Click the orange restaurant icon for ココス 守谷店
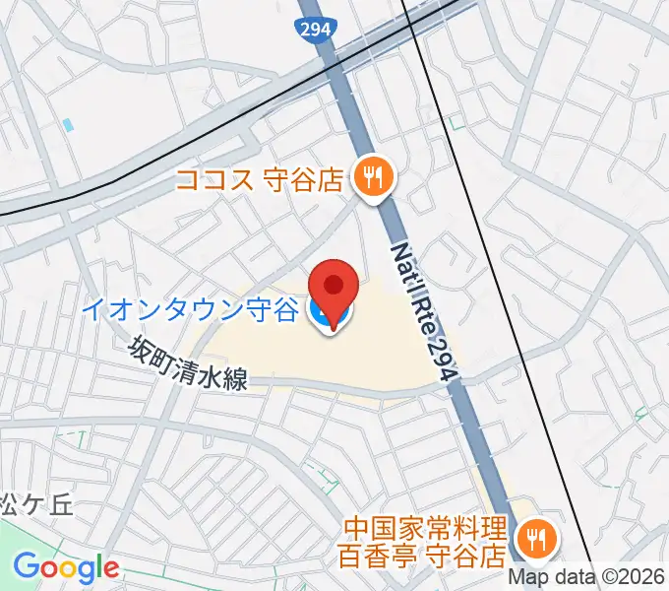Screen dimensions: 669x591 [373, 177]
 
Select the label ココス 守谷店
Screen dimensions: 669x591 [260, 179]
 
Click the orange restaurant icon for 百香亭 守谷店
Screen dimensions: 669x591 [537, 539]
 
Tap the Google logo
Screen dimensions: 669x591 [66, 568]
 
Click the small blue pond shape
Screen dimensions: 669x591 [67, 126]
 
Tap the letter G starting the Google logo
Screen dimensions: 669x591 [27, 567]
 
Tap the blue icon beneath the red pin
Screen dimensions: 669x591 [322, 315]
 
